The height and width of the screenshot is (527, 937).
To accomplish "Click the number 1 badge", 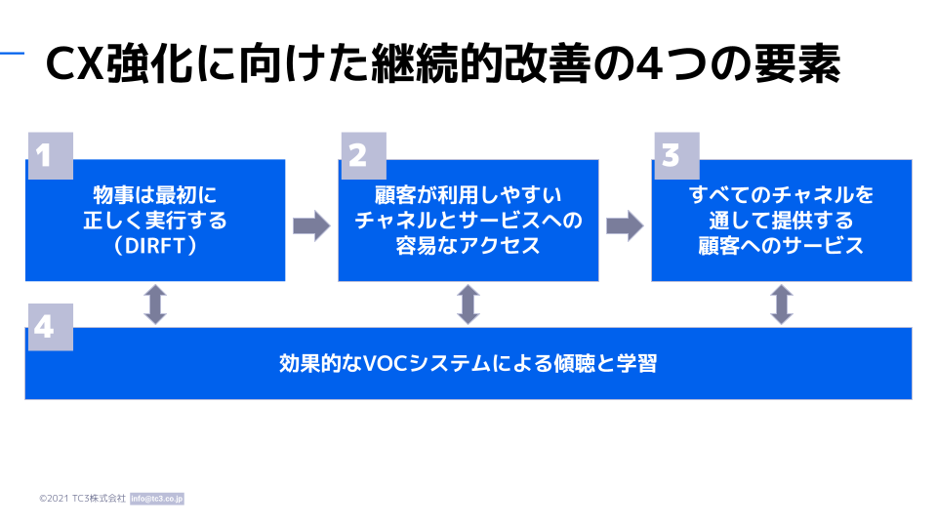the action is tap(51, 156).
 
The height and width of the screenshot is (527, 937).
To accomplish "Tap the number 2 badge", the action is tap(364, 156).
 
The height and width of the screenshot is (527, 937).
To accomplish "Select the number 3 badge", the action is tap(677, 156).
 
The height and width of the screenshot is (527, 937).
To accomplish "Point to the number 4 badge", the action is tap(51, 327).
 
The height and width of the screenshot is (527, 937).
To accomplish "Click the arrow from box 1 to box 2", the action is tap(311, 225).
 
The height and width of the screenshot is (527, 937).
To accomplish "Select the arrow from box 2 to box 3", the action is tap(625, 225).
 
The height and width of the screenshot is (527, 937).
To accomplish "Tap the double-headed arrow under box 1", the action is tap(155, 304).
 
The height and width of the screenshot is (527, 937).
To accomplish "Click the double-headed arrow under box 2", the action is tap(468, 304).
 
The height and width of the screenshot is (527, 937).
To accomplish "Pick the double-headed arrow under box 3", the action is tap(782, 304).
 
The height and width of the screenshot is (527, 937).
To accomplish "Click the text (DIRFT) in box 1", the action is tap(155, 246).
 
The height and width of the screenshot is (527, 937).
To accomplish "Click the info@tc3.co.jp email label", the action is tap(157, 499).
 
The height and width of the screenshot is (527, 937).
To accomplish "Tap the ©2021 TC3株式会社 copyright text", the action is tap(82, 499).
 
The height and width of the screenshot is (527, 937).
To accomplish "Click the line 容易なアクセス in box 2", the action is tap(468, 246).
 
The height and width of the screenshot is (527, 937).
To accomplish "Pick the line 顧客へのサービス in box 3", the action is tap(782, 246).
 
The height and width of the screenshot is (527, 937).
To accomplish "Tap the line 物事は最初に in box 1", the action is tap(155, 195).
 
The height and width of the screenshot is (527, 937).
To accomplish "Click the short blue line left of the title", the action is tap(12, 54).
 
